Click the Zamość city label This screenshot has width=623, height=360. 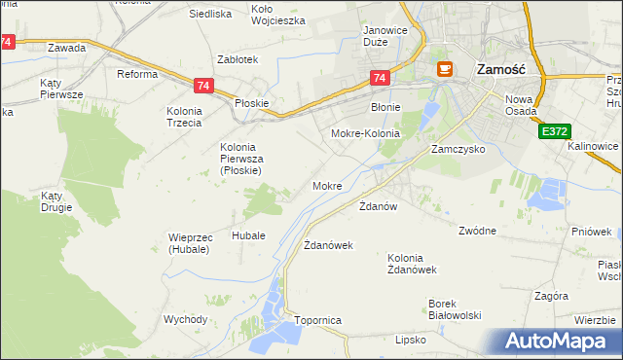point(500,69)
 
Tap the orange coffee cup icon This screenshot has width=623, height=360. point(445,69)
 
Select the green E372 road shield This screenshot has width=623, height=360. point(554,130)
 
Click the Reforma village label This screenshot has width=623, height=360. point(137,74)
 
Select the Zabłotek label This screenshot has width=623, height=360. point(238,59)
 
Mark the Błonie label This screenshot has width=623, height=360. point(387,107)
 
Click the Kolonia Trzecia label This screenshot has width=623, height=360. point(183,117)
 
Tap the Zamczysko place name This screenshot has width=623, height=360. point(458,151)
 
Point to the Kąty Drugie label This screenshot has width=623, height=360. point(58,201)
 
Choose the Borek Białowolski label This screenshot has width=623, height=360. point(456,308)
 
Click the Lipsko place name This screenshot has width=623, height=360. point(411,341)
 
